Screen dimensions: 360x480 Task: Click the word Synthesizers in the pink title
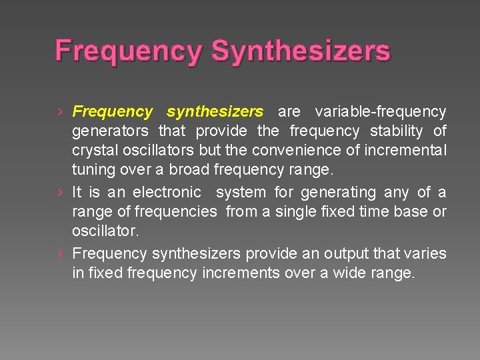pyautogui.click(x=301, y=51)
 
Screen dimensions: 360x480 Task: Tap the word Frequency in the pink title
pyautogui.click(x=127, y=51)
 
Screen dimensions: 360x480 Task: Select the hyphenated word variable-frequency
pyautogui.click(x=381, y=111)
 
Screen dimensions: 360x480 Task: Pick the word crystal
pyautogui.click(x=94, y=151)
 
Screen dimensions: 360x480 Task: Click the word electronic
pyautogui.click(x=167, y=193)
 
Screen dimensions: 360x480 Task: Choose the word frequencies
pyautogui.click(x=175, y=213)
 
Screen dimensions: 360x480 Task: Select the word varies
pyautogui.click(x=427, y=254)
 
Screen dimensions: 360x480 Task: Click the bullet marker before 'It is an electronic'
pyautogui.click(x=60, y=193)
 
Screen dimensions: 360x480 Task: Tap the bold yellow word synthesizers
pyautogui.click(x=215, y=111)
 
